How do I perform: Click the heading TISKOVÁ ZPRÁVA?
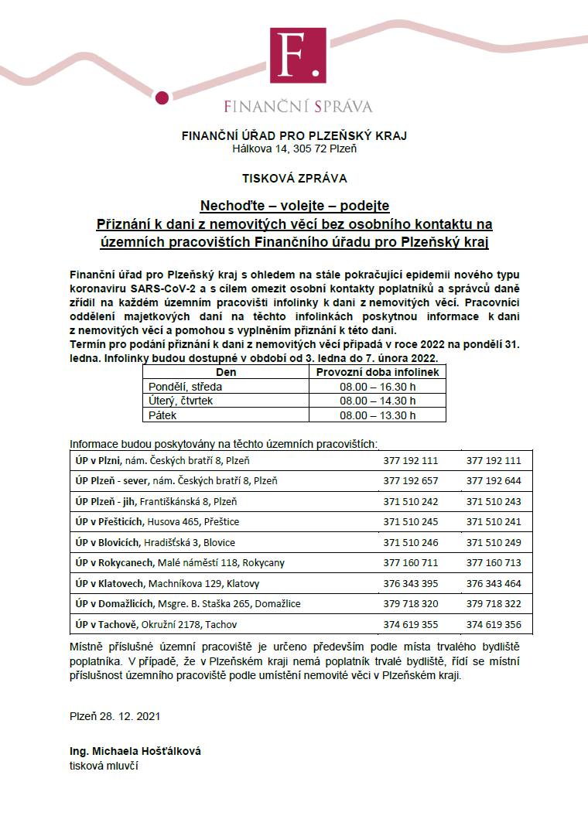(294, 178)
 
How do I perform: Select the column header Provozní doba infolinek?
(378, 372)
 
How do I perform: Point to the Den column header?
(226, 372)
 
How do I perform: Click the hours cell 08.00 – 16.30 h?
(378, 386)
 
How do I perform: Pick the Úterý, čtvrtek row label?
(180, 401)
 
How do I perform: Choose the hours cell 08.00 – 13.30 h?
(378, 415)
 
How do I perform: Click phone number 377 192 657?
(411, 480)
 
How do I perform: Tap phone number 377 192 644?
(494, 480)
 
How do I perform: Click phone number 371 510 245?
(411, 521)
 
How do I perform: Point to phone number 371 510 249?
(494, 542)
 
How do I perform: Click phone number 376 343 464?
(494, 583)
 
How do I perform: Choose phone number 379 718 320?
(411, 603)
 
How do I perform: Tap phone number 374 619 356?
(494, 624)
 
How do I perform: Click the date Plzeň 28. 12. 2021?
(115, 717)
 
